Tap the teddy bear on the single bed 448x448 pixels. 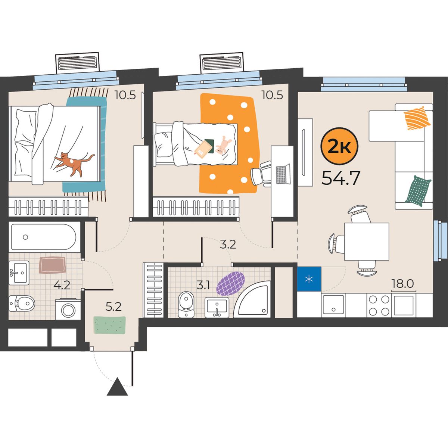pyautogui.click(x=223, y=145)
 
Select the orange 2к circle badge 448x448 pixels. pyautogui.click(x=339, y=146)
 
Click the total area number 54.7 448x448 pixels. pyautogui.click(x=340, y=178)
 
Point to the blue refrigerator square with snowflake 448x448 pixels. pyautogui.click(x=309, y=279)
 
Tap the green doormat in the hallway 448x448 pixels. pyautogui.click(x=109, y=325)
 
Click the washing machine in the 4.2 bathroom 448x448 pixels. pyautogui.click(x=68, y=309)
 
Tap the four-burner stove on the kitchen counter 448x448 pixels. pyautogui.click(x=379, y=305)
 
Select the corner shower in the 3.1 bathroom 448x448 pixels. pyautogui.click(x=252, y=299)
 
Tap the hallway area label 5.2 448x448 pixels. pyautogui.click(x=113, y=307)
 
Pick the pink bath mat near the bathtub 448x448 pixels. pyautogui.click(x=52, y=265)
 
